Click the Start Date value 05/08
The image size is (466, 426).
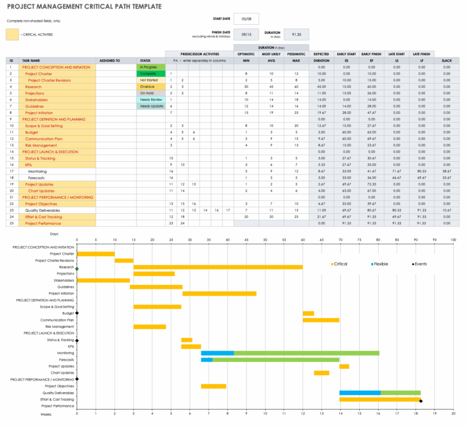pos(245,19)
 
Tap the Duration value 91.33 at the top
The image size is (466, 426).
pos(296,35)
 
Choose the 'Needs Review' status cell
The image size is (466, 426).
pos(151,100)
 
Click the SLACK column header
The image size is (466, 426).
pos(447,61)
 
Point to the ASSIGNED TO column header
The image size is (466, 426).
pos(110,61)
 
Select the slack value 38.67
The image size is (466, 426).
pos(447,171)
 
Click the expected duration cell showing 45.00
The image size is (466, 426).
pos(321,87)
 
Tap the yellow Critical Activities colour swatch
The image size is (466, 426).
pos(12,35)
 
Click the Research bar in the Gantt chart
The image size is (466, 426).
pos(218,267)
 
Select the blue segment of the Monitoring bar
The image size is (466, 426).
pos(217,353)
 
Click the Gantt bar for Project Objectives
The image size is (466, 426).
pos(214,386)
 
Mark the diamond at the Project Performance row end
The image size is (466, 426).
pos(420,400)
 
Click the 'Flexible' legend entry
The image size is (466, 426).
pos(381,264)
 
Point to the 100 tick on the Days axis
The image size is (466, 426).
pos(453,240)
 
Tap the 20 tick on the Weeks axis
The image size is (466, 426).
pos(453,413)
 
